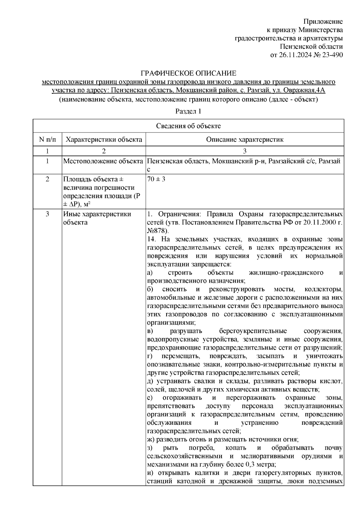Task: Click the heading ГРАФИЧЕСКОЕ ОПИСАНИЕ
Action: pyautogui.click(x=189, y=73)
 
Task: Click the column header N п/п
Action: pyautogui.click(x=47, y=139)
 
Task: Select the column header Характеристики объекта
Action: pyautogui.click(x=104, y=139)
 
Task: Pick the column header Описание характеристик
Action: pyautogui.click(x=245, y=139)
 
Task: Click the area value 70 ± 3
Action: pyautogui.click(x=156, y=179)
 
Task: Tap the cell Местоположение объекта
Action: pyautogui.click(x=103, y=161)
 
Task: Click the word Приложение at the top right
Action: pyautogui.click(x=323, y=22)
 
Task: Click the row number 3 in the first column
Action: pyautogui.click(x=47, y=214)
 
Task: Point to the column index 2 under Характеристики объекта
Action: pyautogui.click(x=104, y=151)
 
